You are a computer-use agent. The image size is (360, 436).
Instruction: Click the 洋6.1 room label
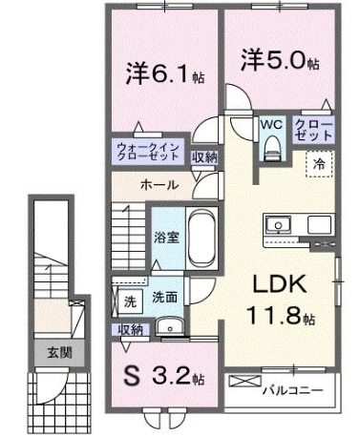coord(165,73)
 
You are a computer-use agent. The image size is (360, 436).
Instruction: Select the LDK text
coord(280,283)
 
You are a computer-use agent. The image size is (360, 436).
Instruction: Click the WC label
coord(271,125)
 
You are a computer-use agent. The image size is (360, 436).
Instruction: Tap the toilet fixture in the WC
coord(273,148)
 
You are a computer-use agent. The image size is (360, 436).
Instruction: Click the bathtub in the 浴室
coord(201,237)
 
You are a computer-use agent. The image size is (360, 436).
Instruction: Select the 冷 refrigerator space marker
coord(319,164)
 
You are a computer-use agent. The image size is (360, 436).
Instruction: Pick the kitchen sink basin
coord(279,225)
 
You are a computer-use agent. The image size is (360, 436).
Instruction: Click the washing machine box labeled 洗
coord(130,301)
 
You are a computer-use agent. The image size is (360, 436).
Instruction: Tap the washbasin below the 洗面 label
coord(169,326)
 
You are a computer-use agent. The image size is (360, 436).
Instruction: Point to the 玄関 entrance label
coord(59,353)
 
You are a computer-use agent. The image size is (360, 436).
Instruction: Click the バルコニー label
coord(292,390)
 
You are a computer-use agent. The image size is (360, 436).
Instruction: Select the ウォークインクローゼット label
coord(148,152)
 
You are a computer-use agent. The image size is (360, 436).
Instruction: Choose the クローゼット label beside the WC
coord(313,131)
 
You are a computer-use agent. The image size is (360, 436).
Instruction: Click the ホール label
coord(159,185)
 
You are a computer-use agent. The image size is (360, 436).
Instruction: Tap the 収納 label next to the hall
coord(204,157)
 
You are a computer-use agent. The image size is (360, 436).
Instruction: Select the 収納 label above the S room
coord(130,330)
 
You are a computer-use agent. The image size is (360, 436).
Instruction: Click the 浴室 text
coord(167,238)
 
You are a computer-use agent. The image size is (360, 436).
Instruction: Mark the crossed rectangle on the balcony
coord(245,381)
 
